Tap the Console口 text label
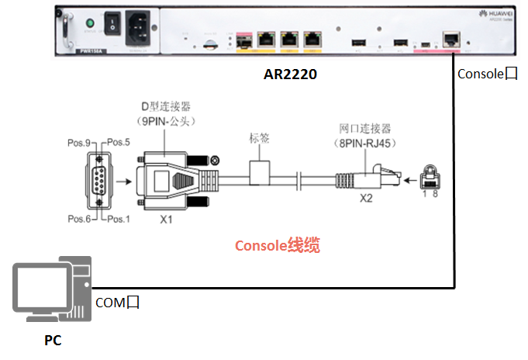point(487,74)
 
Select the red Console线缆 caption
point(278,246)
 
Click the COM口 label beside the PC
point(116,303)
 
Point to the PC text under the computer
point(53,341)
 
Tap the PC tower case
point(81,286)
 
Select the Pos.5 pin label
point(118,143)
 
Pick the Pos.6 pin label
point(78,220)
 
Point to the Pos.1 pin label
point(118,220)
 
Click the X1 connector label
point(165,220)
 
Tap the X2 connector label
point(366,199)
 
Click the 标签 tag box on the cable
point(259,171)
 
